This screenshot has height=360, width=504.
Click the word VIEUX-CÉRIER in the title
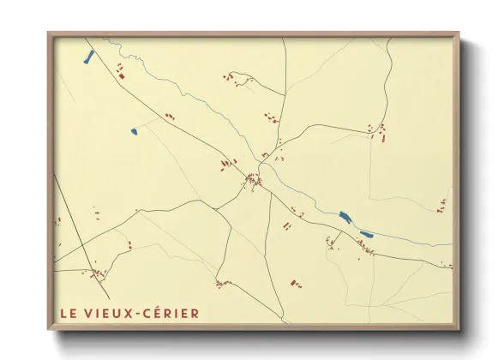coord(141,313)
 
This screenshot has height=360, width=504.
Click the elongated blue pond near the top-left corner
coord(87,57)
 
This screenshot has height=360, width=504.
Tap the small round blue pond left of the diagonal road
coord(134,131)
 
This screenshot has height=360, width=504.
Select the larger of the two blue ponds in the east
coord(345,217)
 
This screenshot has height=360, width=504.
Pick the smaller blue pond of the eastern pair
coord(366,233)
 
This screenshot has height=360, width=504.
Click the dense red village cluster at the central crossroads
coord(253,180)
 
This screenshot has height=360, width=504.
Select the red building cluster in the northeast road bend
coord(378,131)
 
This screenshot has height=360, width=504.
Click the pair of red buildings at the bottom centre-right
coord(296,281)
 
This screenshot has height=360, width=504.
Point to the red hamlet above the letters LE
coord(98,274)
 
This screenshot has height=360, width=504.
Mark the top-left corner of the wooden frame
coord(48,33)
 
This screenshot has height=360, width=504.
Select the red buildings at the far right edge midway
coord(442,205)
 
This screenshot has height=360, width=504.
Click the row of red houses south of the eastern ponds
coord(365,249)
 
